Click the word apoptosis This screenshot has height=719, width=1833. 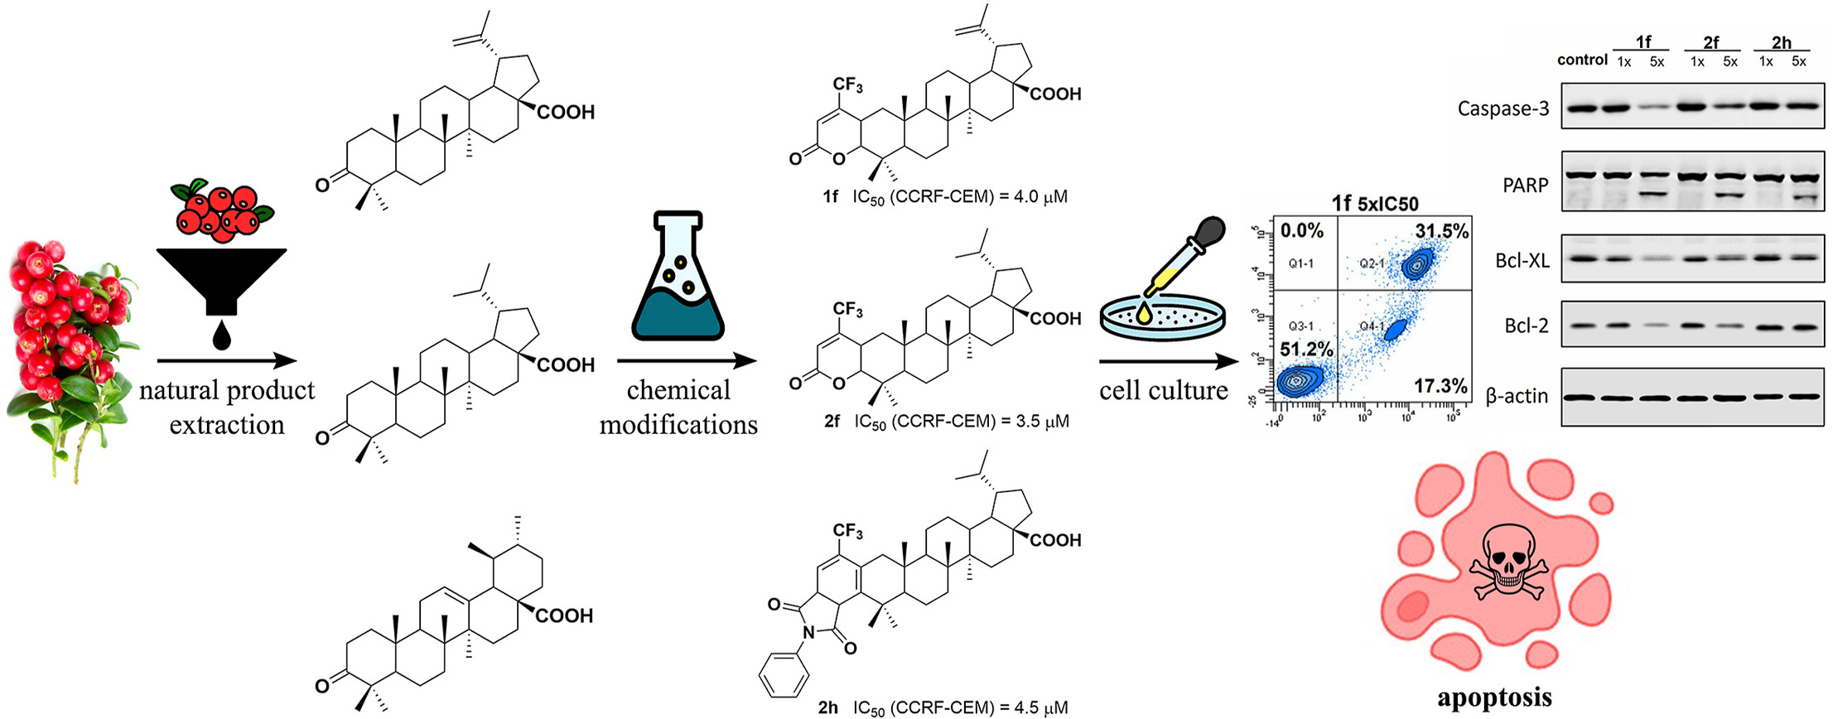[1494, 697]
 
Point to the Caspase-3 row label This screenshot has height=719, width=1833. [1503, 109]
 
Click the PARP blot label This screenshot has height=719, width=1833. [1525, 185]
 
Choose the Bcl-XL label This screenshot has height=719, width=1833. [1522, 261]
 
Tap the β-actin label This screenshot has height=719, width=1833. [1517, 396]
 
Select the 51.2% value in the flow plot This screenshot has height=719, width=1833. [1306, 349]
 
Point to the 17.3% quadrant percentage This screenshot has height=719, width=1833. [1440, 385]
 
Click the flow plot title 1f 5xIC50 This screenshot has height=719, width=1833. [1375, 204]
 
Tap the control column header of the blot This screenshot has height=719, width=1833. [1581, 60]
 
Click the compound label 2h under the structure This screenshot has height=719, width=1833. [827, 707]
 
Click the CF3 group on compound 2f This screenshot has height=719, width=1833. [848, 310]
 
